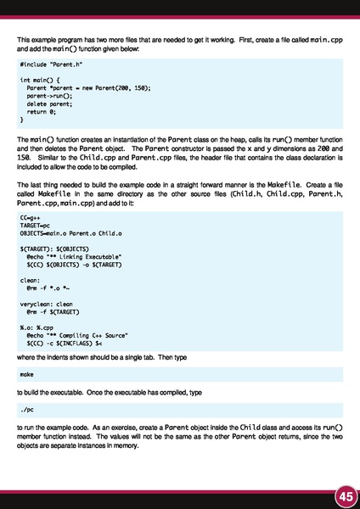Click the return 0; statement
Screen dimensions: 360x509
tap(42, 110)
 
